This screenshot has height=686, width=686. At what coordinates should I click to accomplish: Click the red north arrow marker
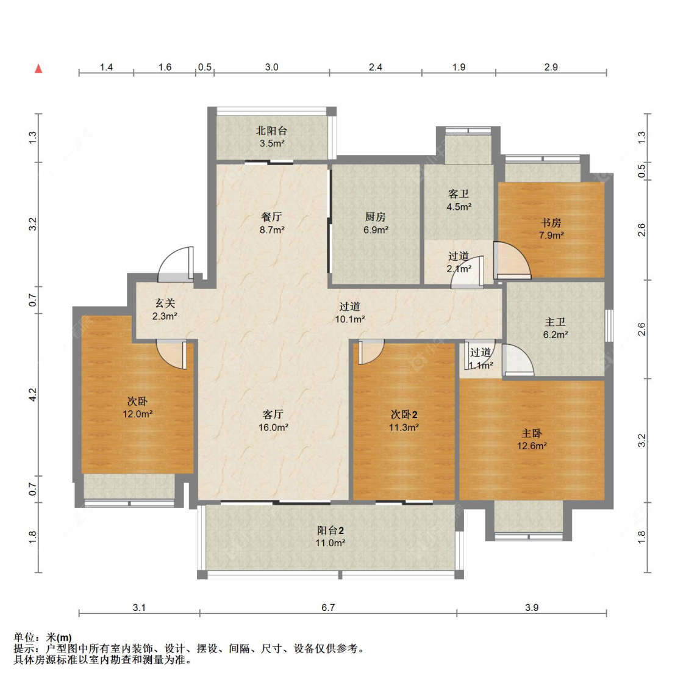coord(38,69)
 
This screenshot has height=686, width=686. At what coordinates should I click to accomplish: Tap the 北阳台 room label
coord(272,131)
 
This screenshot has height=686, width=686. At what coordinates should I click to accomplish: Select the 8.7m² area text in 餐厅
coord(272,229)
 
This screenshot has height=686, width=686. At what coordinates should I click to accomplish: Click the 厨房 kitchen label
coord(376,217)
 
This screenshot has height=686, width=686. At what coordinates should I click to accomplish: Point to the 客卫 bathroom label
coord(459,194)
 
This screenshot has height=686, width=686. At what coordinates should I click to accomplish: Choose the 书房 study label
coord(551,222)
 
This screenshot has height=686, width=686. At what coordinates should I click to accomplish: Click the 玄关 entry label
coord(165,303)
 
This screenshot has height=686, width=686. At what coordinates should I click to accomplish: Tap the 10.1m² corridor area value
coord(350,320)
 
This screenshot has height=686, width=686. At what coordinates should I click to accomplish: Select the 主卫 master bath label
coord(555,322)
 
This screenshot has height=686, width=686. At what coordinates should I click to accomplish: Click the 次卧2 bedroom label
coord(404,414)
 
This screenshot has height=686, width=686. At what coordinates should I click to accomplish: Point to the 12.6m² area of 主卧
coord(532,446)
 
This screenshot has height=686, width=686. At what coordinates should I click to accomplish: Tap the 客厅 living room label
coord(273,414)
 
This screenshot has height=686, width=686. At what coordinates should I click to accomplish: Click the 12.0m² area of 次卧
coord(137,414)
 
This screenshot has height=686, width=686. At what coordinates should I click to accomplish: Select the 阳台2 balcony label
coord(330,530)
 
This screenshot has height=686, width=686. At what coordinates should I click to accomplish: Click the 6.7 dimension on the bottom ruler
coord(328,608)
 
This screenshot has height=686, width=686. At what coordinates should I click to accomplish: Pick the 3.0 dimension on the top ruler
coord(272,67)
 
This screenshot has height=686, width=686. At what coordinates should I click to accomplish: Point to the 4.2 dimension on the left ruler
coord(33,395)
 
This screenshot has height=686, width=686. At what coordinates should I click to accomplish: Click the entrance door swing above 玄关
coord(176,264)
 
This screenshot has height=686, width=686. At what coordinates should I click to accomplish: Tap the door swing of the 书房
coord(512,260)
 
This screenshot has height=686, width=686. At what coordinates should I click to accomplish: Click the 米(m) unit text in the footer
coord(59,637)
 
